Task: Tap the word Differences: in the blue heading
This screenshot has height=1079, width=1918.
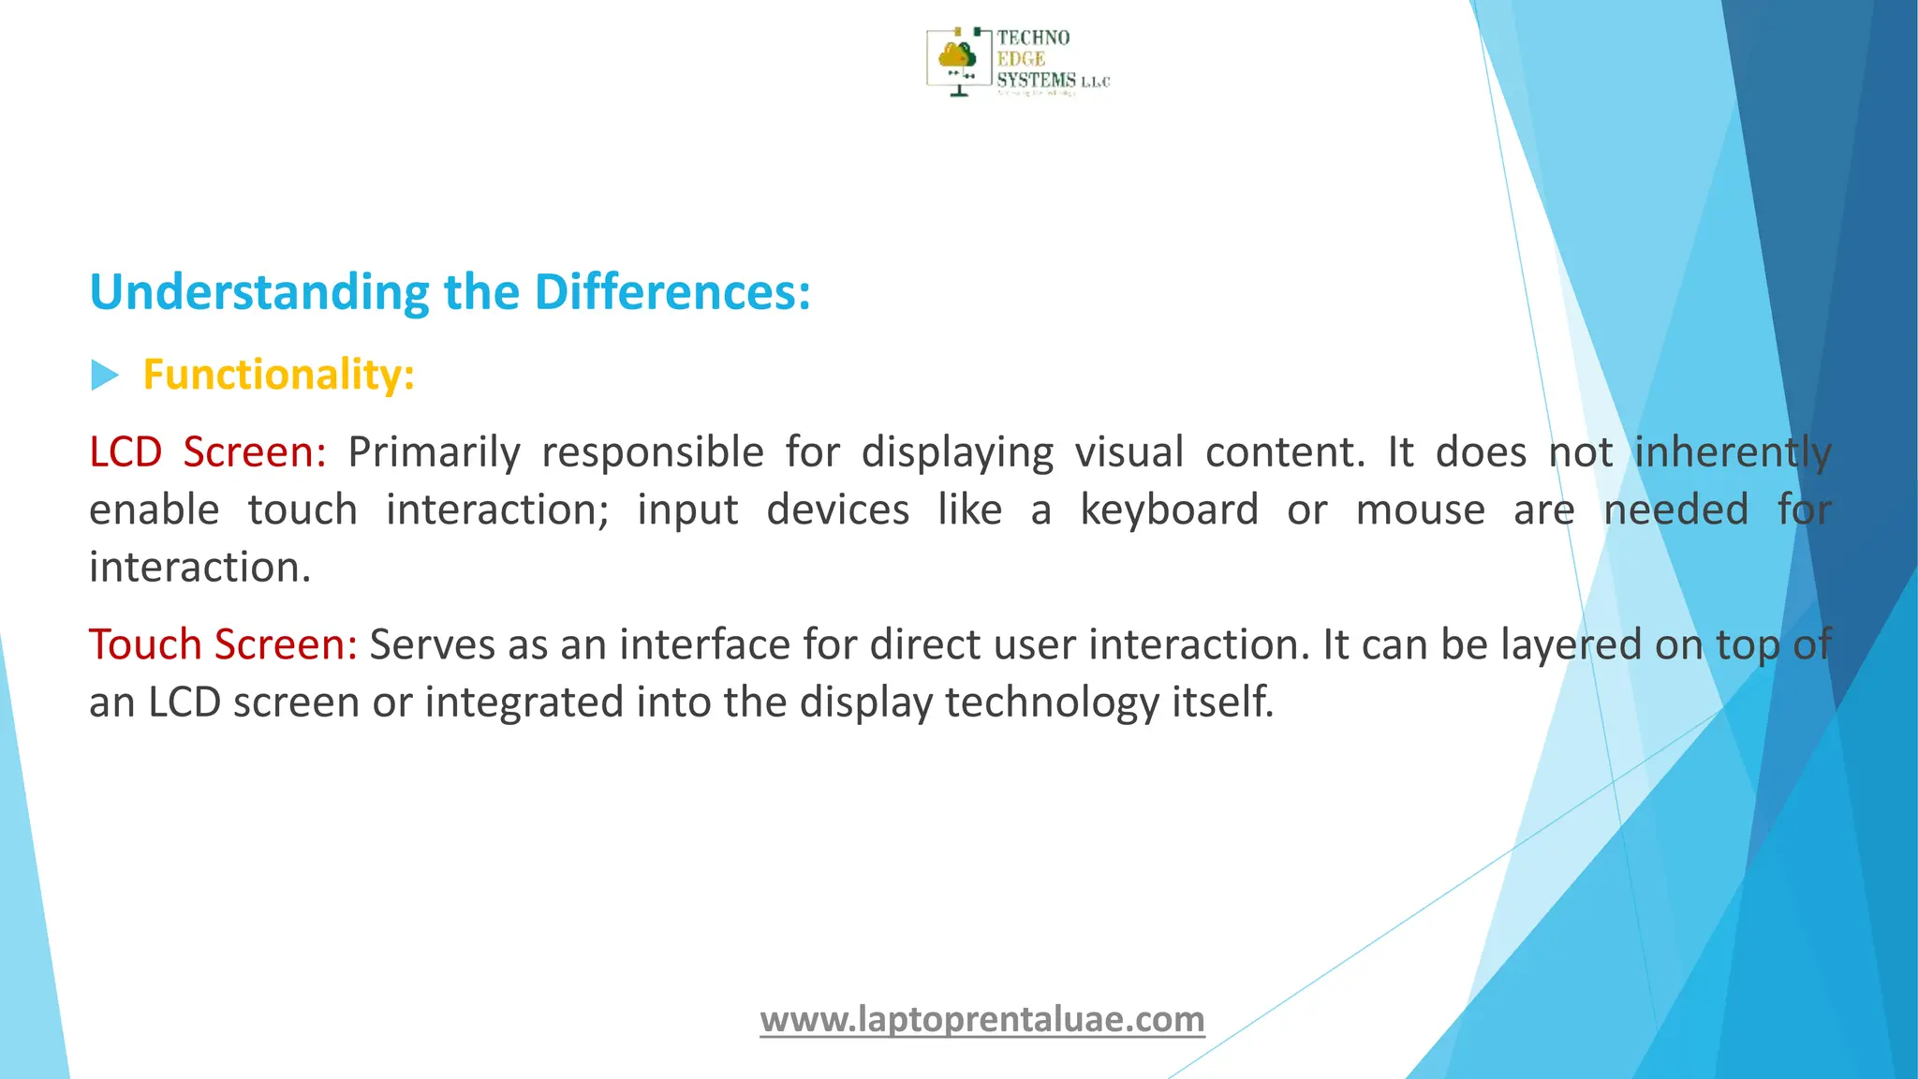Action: point(671,293)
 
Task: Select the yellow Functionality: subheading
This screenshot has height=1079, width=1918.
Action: point(278,375)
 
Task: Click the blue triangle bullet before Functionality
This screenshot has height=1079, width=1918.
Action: point(104,377)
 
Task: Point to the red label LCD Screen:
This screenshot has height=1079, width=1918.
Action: point(207,452)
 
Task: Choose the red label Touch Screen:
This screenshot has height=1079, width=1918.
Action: point(223,645)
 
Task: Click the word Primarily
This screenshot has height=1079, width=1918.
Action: point(434,452)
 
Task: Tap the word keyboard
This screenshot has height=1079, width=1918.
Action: point(1169,510)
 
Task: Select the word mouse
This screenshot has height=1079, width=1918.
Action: point(1420,510)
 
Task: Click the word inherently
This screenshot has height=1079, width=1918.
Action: point(1733,452)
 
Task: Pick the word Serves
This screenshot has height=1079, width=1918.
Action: point(431,645)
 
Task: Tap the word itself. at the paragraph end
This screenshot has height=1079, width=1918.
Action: point(1223,702)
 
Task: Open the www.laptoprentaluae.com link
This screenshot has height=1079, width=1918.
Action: point(981,1019)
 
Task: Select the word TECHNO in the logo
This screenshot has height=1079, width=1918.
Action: point(1033,37)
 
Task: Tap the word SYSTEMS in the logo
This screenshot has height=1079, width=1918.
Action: point(1036,81)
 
